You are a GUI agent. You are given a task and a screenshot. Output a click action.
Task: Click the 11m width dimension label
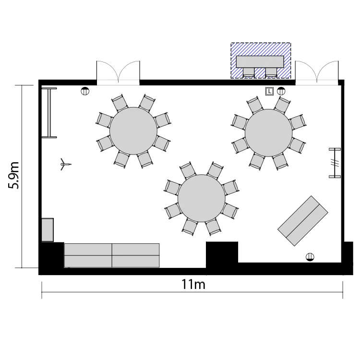point(193,284)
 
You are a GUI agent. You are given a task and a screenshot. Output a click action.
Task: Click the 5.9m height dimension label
point(13,175)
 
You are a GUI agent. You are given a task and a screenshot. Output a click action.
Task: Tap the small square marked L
point(269,91)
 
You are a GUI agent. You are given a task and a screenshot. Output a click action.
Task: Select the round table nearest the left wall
point(133,131)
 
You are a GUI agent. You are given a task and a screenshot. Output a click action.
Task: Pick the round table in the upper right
point(269,133)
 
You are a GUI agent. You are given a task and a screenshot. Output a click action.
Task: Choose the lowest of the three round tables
point(202,198)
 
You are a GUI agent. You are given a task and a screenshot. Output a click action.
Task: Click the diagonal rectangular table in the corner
point(303,221)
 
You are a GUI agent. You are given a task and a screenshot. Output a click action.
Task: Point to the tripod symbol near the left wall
point(65,164)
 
